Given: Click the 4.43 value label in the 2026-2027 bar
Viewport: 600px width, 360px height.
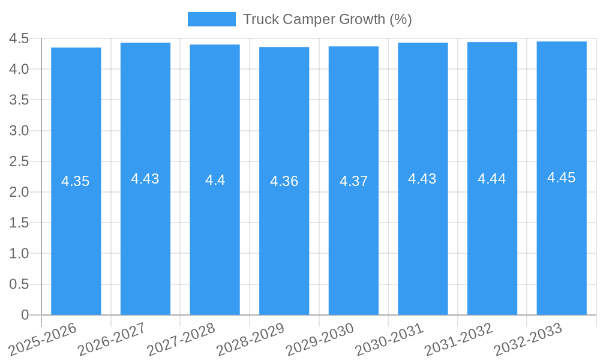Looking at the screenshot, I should pos(145,179).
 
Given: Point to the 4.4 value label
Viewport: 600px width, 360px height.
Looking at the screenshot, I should pos(215,180).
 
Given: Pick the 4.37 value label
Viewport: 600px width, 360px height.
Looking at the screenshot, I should pos(353,181).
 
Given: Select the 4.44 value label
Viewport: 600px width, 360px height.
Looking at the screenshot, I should pos(491,179).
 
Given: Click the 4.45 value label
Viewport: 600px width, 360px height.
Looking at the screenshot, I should pos(561,178).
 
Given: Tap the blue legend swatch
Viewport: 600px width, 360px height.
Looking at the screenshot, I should pos(211,19).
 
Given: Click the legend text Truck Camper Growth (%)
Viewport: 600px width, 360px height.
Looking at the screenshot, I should pos(327,19).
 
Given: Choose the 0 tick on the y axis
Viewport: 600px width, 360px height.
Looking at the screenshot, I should pos(25,315).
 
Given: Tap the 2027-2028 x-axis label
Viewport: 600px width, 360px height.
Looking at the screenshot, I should pos(181,339).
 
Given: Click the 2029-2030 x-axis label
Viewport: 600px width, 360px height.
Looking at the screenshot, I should pos(320,339).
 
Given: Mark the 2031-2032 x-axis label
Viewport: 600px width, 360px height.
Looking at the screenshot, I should pos(458,339).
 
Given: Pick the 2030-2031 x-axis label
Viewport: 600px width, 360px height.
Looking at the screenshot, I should pos(389,339).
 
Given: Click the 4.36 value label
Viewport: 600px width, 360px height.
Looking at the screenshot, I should pos(284,181).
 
